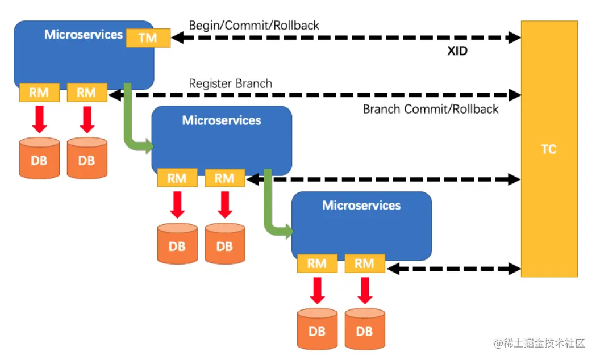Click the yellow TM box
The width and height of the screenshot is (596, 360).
(148, 37)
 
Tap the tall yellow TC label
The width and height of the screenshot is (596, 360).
(549, 149)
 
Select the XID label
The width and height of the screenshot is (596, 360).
(457, 51)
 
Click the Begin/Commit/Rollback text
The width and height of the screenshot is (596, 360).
(254, 26)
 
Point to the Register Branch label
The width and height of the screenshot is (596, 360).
(230, 83)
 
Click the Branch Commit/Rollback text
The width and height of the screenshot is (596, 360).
(431, 110)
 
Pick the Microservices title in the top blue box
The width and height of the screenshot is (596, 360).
(84, 35)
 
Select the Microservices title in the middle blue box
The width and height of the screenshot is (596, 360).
(222, 120)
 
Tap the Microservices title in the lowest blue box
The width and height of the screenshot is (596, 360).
(361, 206)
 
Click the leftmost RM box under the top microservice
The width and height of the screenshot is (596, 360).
(40, 93)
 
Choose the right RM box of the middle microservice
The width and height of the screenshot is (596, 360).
(224, 178)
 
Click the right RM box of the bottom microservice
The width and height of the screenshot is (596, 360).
(365, 263)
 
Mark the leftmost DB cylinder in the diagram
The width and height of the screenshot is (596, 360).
(40, 158)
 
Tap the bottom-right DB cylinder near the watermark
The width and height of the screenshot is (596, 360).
(365, 329)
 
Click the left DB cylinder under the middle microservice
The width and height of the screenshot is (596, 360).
(177, 244)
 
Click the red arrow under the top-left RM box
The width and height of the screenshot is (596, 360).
(40, 119)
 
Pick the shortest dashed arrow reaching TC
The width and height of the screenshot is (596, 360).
(454, 269)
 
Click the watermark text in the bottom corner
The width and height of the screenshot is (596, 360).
(539, 344)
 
